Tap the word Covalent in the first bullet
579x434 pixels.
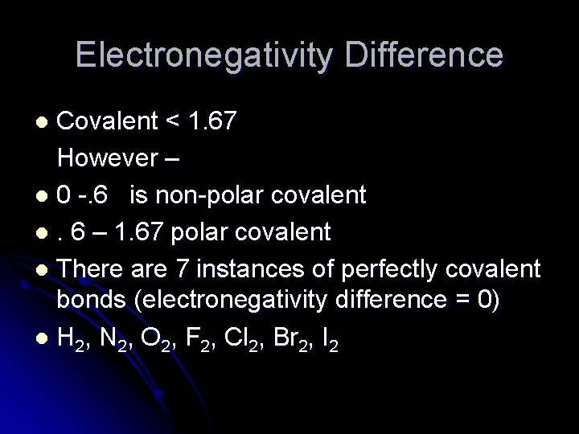pos(109,121)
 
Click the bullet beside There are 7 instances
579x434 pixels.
pos(42,268)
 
